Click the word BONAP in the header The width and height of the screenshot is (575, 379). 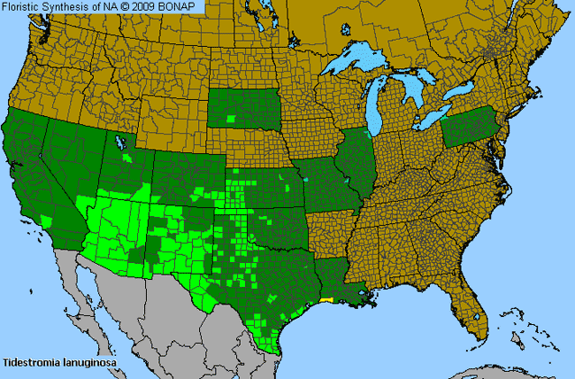(185, 6)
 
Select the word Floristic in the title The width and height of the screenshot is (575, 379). (20, 6)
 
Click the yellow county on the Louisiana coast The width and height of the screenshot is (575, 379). (328, 300)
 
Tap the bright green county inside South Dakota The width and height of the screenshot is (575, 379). (232, 118)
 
